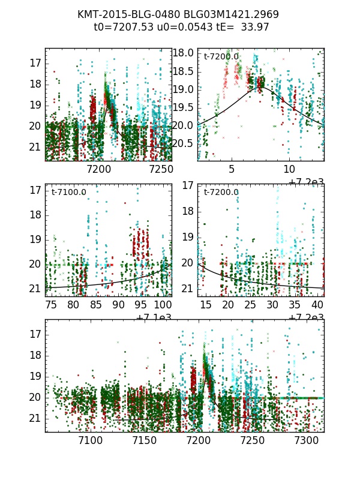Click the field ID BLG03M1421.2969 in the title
point(224,14)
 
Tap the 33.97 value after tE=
point(255,27)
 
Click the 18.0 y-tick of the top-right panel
point(183,53)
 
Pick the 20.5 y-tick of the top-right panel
point(183,143)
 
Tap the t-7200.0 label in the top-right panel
point(221,57)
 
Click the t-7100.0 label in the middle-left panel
point(68,193)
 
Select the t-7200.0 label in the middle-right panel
point(221,193)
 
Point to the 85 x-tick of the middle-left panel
point(95,305)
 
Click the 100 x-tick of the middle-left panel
point(162,305)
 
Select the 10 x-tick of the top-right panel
point(289,169)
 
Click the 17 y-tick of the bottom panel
point(35,334)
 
